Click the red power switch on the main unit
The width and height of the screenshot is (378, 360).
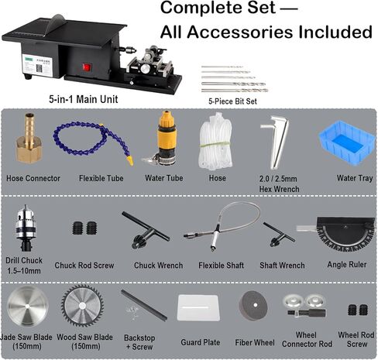click(x=87, y=67)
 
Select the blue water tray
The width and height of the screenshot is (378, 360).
click(x=347, y=142)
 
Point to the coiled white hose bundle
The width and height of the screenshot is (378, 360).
click(x=215, y=142)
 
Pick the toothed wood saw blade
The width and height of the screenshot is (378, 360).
click(x=83, y=306)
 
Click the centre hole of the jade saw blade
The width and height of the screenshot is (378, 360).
click(x=27, y=307)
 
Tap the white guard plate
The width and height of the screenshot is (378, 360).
click(x=198, y=307)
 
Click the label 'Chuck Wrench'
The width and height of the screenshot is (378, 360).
click(x=158, y=266)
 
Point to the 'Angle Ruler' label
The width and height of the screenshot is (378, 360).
click(x=347, y=265)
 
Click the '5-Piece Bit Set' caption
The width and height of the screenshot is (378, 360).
click(x=232, y=101)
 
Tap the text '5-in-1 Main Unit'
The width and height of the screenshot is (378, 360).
click(x=84, y=99)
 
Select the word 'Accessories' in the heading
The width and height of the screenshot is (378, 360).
click(x=240, y=32)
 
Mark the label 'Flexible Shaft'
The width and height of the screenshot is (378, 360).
click(x=221, y=266)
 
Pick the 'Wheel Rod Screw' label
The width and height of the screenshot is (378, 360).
click(x=356, y=340)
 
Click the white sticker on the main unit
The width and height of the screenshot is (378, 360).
click(x=37, y=66)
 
